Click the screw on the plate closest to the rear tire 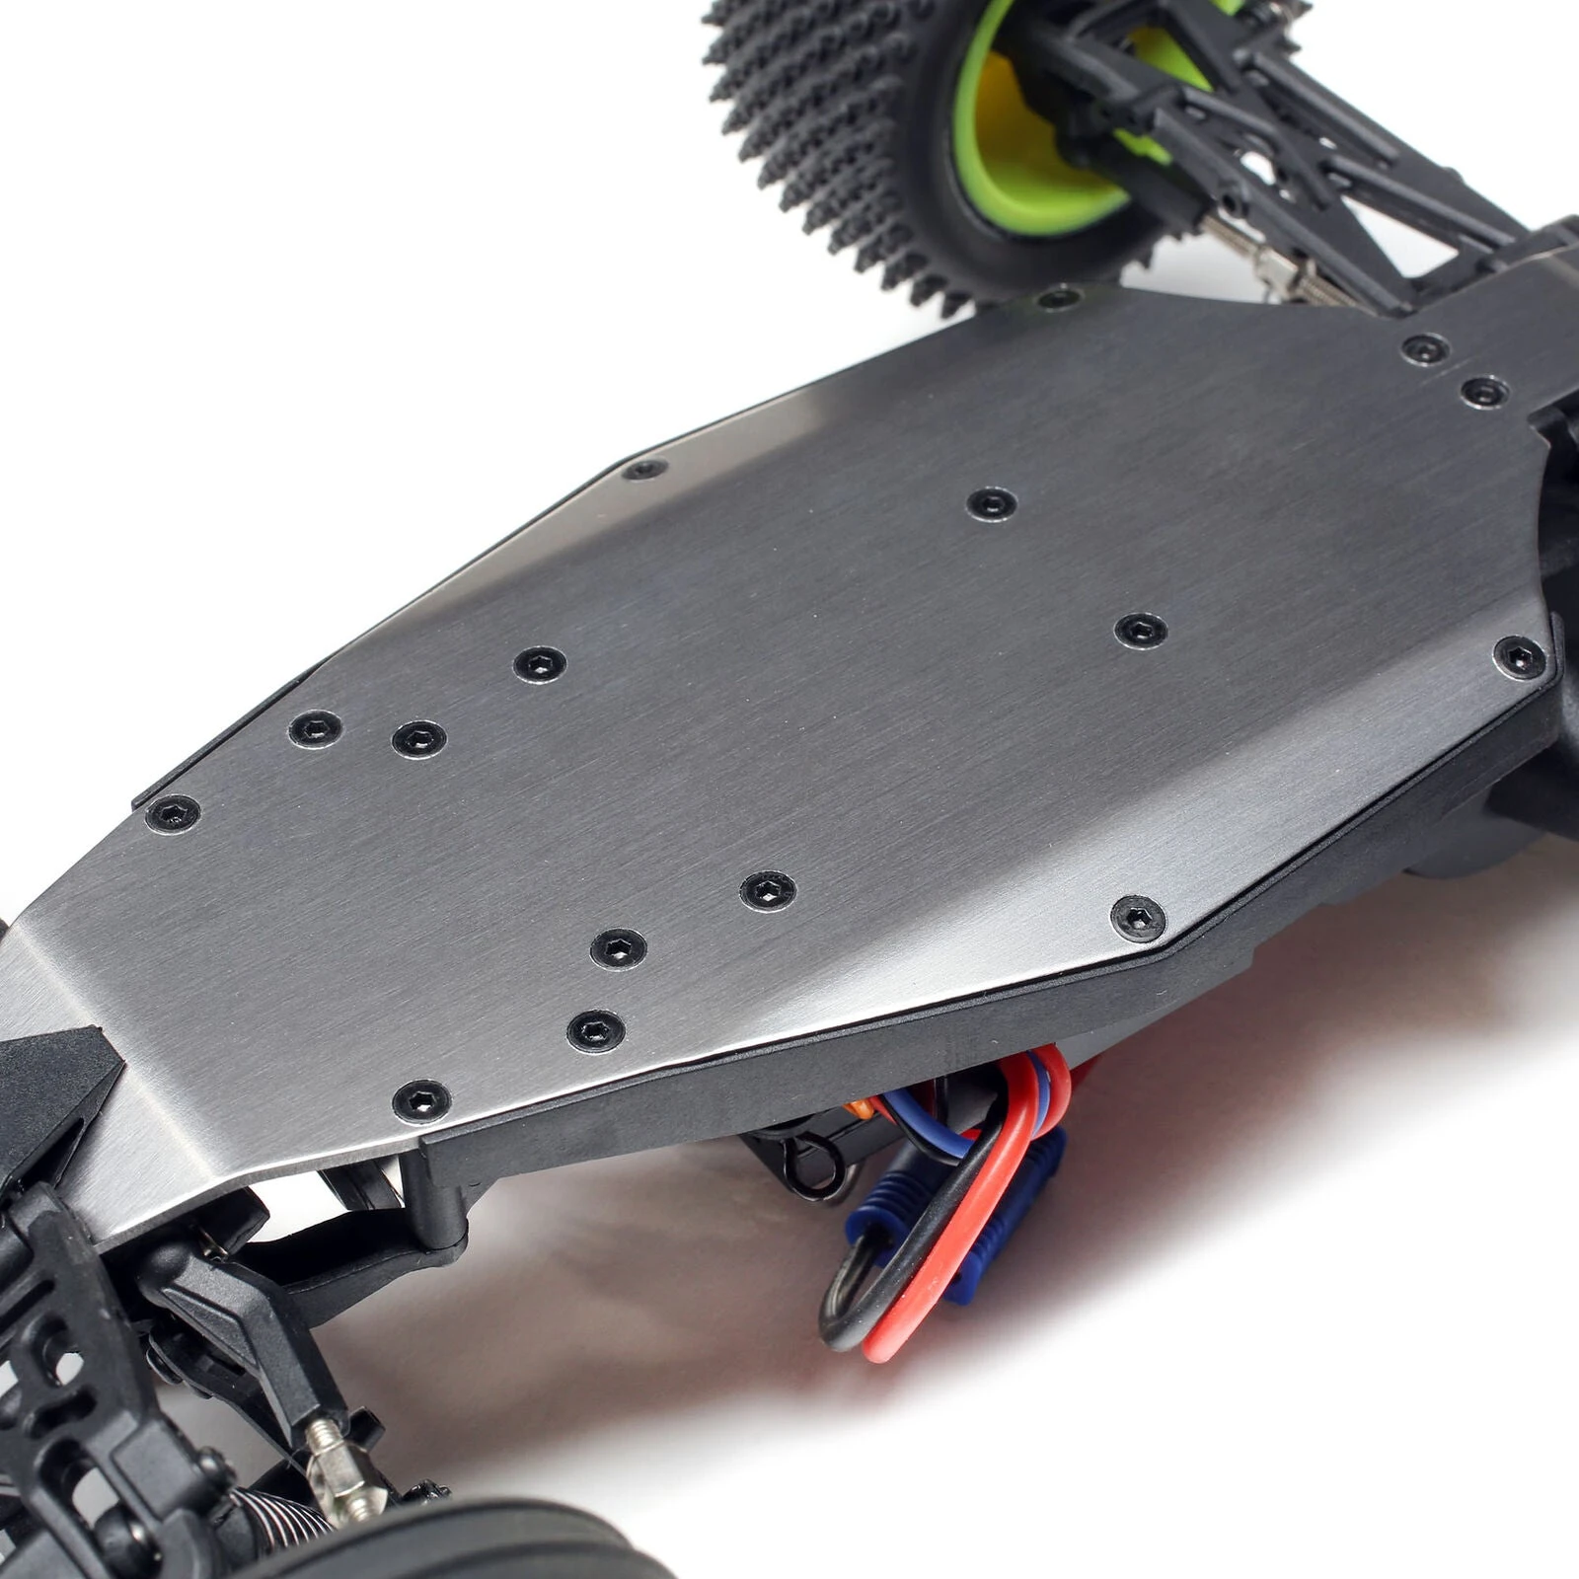(x=1059, y=296)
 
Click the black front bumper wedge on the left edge (x=49, y=1095)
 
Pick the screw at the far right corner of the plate (x=1520, y=656)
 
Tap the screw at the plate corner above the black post (x=422, y=1100)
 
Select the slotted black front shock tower (x=59, y=1382)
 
